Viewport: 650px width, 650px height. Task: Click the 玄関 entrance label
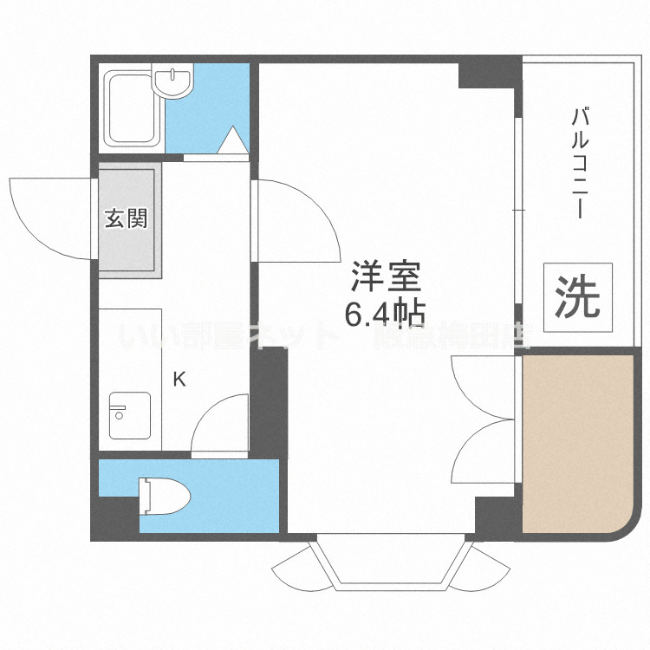tap(127, 218)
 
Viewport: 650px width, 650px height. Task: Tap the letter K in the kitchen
tap(179, 379)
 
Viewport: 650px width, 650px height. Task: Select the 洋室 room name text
tap(385, 277)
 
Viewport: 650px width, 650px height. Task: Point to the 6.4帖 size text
tap(385, 313)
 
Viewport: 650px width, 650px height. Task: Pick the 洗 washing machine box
tap(577, 296)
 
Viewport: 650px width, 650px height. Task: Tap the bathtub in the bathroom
tap(131, 109)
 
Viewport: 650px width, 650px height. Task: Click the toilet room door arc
tap(218, 425)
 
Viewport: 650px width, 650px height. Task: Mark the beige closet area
tap(577, 442)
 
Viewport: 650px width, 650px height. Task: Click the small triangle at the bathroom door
tap(234, 140)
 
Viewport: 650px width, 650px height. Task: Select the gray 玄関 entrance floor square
tap(129, 219)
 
